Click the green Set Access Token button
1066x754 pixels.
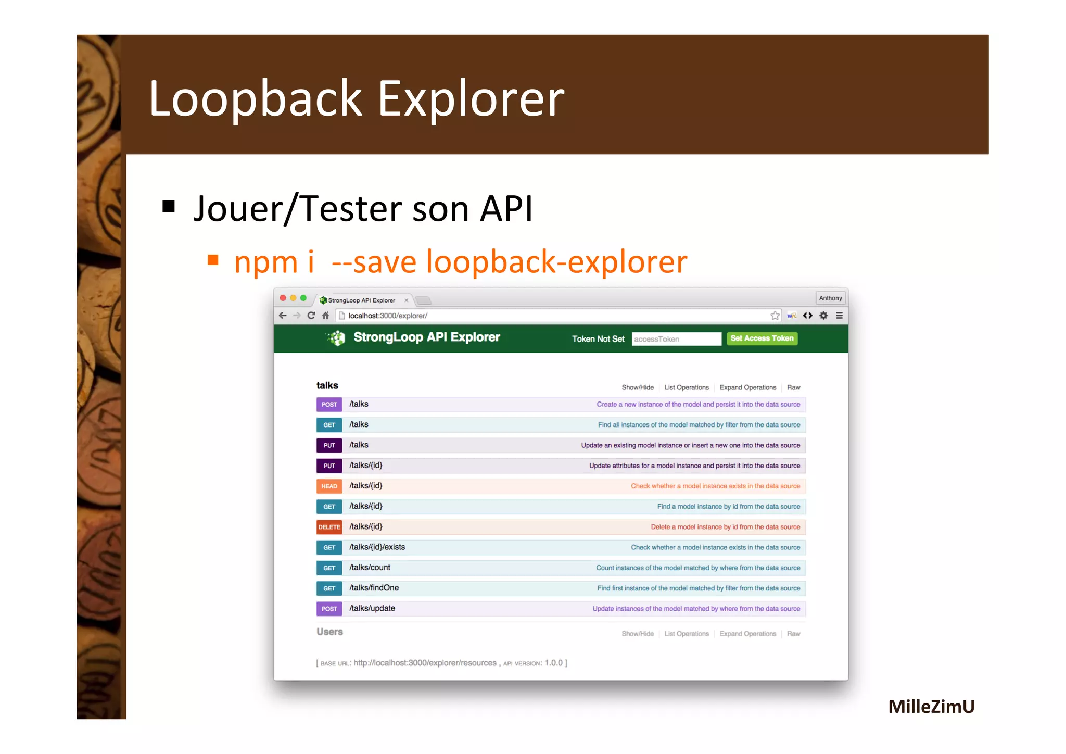click(762, 338)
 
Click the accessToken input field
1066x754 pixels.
click(676, 339)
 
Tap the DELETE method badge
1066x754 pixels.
click(329, 527)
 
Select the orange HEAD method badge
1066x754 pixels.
click(329, 486)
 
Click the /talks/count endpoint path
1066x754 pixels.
click(370, 568)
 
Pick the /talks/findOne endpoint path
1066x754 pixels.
click(374, 588)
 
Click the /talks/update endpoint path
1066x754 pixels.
click(372, 608)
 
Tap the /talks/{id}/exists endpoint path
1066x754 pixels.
click(377, 547)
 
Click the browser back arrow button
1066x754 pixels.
click(283, 316)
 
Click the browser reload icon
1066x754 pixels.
click(311, 316)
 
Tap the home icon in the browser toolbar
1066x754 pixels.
click(326, 316)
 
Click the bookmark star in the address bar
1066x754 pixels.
click(775, 316)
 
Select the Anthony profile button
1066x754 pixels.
click(830, 298)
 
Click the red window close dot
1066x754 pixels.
click(283, 298)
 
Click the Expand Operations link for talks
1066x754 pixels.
click(747, 387)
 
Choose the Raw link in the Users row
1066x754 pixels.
click(793, 634)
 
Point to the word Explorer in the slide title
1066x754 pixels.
click(471, 99)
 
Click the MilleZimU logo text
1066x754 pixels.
click(931, 707)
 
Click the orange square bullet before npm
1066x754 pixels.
click(213, 260)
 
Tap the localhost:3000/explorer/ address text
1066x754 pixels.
click(388, 316)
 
